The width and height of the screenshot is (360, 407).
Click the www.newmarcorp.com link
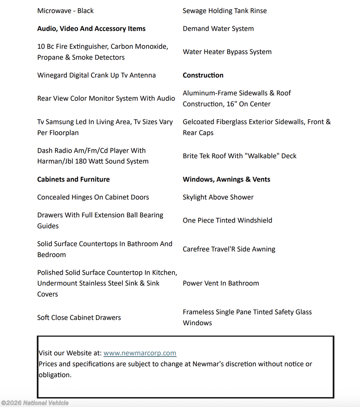(x=140, y=353)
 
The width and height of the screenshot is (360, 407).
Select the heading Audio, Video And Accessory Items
(x=91, y=29)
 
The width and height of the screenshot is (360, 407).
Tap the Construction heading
(x=203, y=75)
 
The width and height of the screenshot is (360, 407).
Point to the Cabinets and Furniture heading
(x=73, y=179)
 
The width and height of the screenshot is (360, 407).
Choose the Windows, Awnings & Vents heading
(x=226, y=179)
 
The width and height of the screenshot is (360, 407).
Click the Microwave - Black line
(x=65, y=11)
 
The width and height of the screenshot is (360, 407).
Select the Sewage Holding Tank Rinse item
(x=224, y=11)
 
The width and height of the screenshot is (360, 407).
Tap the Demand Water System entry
(x=218, y=29)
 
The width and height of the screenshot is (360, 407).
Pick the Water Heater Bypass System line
(x=227, y=52)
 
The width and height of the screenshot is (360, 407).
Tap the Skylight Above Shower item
(x=218, y=197)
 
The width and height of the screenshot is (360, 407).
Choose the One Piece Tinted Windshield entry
(x=227, y=220)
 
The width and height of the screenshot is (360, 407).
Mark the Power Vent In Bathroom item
(x=220, y=283)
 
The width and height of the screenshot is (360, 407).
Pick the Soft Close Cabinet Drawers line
(x=79, y=318)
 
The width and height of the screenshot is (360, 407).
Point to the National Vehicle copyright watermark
(x=35, y=403)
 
